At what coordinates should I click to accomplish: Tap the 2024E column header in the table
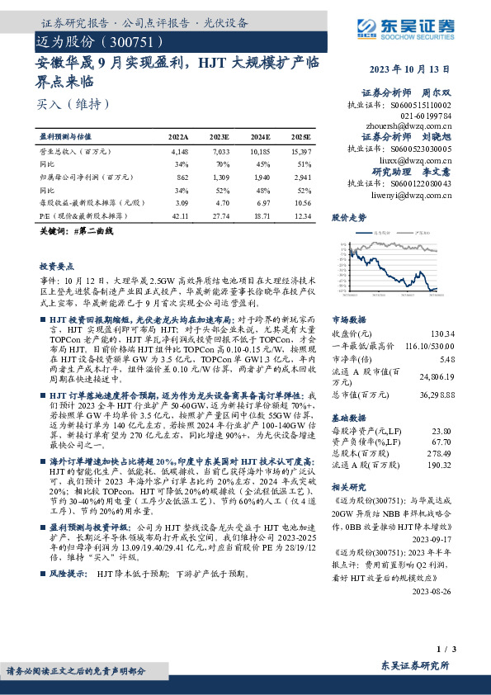pos(260,135)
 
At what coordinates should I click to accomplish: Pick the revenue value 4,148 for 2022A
pos(178,153)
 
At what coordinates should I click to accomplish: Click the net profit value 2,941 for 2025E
pos(300,177)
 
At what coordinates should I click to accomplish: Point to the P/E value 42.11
pos(178,215)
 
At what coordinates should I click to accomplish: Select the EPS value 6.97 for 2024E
pos(261,202)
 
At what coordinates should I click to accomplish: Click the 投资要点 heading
pos(57,267)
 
